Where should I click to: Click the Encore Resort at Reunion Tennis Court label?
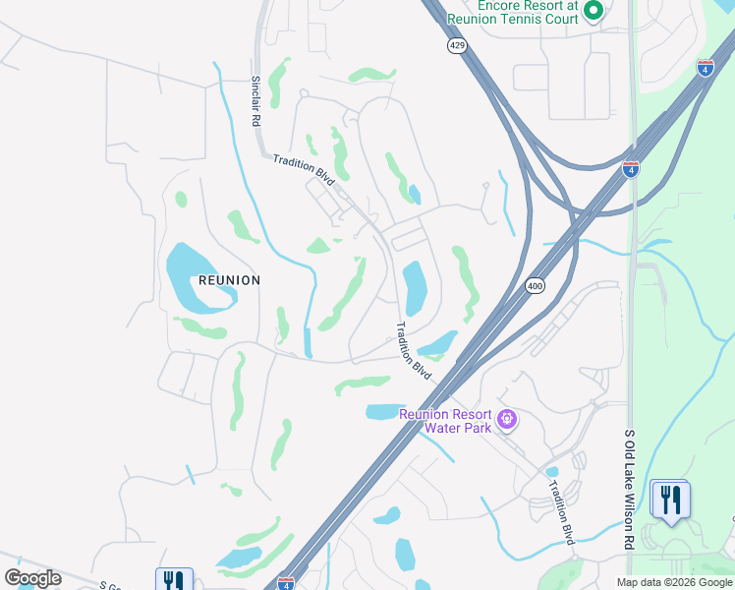tap(511, 12)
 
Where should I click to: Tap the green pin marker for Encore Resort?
tap(593, 11)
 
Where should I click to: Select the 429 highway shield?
tap(457, 47)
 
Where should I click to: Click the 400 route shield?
tap(535, 286)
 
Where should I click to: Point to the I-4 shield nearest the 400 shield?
tap(631, 169)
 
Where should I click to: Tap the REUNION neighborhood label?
tap(229, 280)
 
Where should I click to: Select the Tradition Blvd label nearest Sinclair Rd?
tap(304, 169)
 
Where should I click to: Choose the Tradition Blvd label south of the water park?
tap(561, 511)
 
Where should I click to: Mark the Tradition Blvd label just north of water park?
tap(414, 352)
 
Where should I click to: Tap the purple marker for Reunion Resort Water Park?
tap(507, 421)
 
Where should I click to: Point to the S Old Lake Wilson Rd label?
tap(629, 489)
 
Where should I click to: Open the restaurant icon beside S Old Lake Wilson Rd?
tap(670, 499)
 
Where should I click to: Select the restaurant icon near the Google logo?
tap(174, 580)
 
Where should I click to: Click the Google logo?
tap(32, 578)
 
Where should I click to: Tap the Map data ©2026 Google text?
tap(674, 582)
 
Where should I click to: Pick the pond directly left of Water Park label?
tap(381, 412)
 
